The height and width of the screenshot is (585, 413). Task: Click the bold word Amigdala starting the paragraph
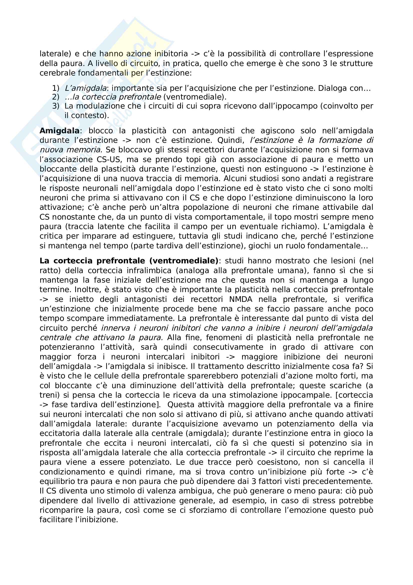[x=59, y=131]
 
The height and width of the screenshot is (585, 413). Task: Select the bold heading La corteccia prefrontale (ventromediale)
[x=129, y=261]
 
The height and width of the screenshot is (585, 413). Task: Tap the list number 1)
[x=56, y=88]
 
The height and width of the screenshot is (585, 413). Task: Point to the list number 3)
[x=56, y=106]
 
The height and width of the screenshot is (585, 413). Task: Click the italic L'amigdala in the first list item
[x=85, y=88]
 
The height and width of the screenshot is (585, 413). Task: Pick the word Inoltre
[x=85, y=290]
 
